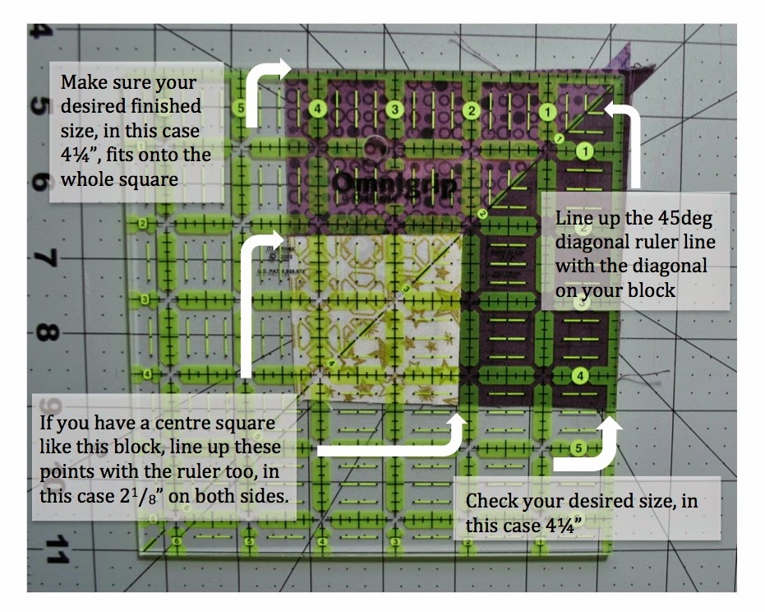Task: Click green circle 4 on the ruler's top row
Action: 319,109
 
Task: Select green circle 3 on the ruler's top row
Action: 395,109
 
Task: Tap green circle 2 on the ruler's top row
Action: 472,109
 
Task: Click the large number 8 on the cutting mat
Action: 46,335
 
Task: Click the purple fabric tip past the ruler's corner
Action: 620,61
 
